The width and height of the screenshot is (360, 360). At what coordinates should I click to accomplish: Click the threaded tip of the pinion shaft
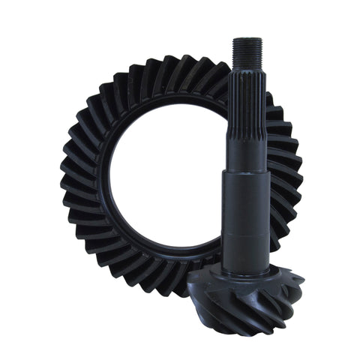[247, 52]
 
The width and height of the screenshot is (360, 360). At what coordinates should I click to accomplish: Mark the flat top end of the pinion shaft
[247, 40]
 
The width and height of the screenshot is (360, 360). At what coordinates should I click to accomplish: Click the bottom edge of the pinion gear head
[240, 318]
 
